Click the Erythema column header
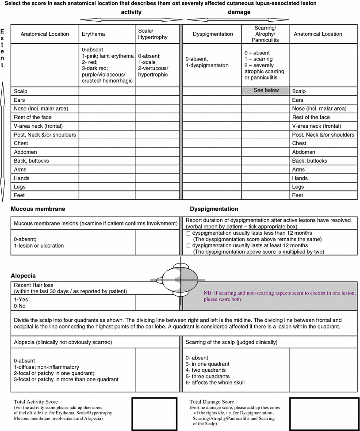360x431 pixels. coord(93,34)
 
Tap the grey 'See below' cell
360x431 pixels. coord(266,90)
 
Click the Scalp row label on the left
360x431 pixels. coord(21,91)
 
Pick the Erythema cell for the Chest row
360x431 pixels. coord(107,143)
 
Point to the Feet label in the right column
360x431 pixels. coord(298,195)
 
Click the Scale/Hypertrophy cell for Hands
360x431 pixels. coord(157,178)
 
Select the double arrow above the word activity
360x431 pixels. coord(131,19)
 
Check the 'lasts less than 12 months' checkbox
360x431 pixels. coord(188,233)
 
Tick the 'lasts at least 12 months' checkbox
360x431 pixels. coord(188,245)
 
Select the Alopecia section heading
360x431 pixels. coord(23,275)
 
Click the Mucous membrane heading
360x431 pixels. coord(38,209)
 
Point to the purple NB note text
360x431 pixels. coord(280,296)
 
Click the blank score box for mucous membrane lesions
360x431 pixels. coord(157,242)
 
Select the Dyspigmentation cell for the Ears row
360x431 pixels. coord(212,100)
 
